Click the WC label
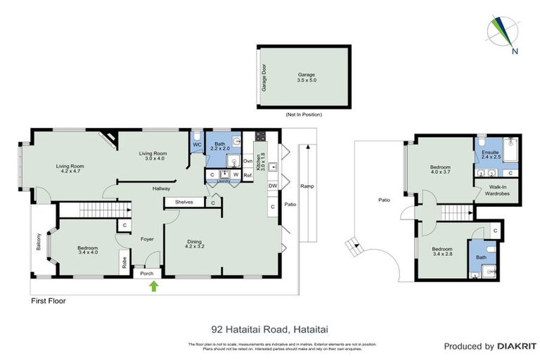(197, 145)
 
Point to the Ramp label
(307, 187)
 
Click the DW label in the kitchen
(271, 186)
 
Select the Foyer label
(147, 239)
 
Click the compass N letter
(515, 51)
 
